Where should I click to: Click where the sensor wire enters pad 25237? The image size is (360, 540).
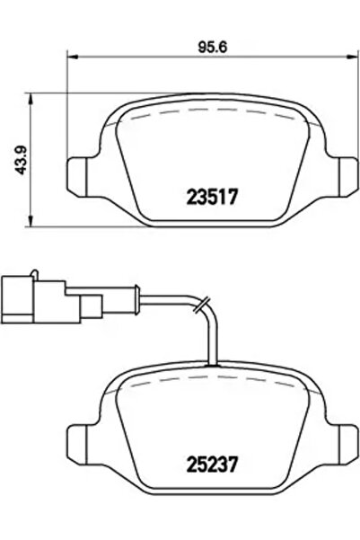point(213,365)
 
